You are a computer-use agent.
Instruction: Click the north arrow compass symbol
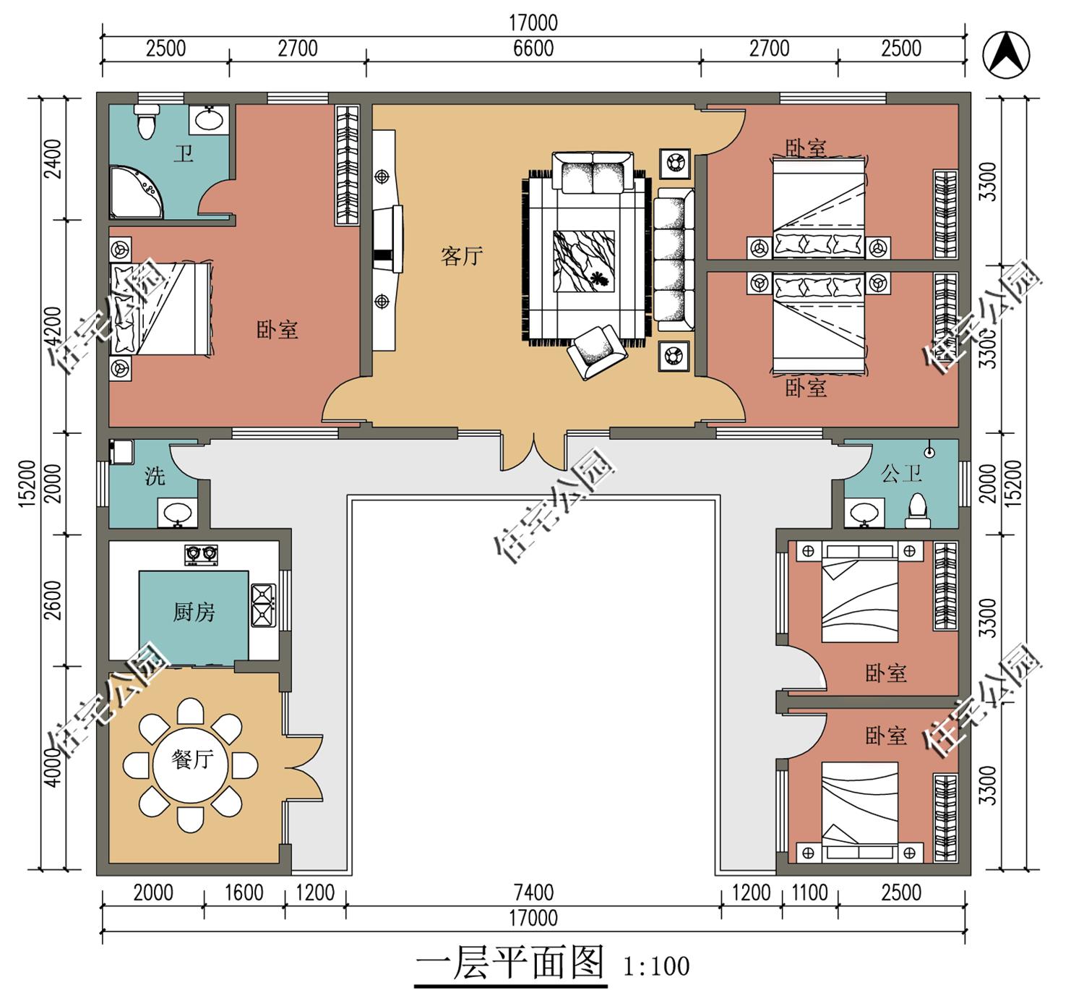tap(1006, 55)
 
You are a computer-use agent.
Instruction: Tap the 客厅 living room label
tap(462, 256)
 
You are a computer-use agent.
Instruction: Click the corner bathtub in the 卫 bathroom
tap(136, 192)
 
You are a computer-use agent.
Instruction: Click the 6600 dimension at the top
tap(533, 48)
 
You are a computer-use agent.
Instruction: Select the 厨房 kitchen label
tap(194, 613)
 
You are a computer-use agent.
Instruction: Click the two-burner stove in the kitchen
tap(202, 555)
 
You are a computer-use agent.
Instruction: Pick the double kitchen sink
tap(263, 605)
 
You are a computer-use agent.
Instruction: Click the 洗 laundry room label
tap(155, 476)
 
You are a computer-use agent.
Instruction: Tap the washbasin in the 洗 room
tap(177, 512)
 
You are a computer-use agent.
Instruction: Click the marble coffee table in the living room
tap(584, 261)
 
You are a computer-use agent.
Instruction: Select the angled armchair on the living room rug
tap(597, 352)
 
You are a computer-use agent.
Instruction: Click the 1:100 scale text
tap(656, 967)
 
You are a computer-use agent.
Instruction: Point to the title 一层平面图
tap(509, 964)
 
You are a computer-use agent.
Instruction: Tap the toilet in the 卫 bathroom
tap(147, 122)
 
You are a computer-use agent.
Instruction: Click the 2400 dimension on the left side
tap(53, 159)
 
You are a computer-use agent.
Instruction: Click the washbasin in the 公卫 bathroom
tap(864, 512)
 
